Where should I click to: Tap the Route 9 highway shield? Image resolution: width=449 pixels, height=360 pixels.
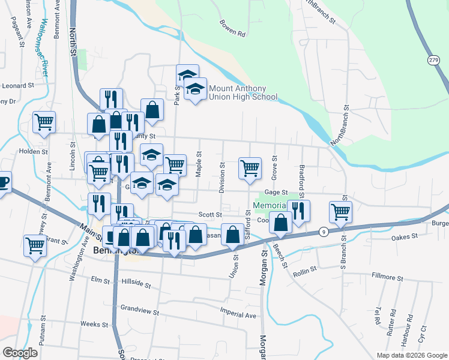tap(324, 231)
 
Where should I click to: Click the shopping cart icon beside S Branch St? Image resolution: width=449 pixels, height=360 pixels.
tap(340, 212)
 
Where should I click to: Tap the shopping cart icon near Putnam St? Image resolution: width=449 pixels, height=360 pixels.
tap(35, 245)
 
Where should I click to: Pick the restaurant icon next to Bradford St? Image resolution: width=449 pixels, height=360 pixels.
tap(298, 211)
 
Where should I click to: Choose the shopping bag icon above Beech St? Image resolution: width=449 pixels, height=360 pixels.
tap(280, 223)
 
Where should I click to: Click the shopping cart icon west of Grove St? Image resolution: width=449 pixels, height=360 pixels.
tap(249, 168)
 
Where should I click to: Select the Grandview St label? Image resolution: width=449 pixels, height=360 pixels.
tap(139, 312)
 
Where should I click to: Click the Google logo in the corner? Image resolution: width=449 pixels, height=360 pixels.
tap(20, 353)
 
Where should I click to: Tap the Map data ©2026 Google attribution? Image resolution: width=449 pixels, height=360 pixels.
tap(411, 355)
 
